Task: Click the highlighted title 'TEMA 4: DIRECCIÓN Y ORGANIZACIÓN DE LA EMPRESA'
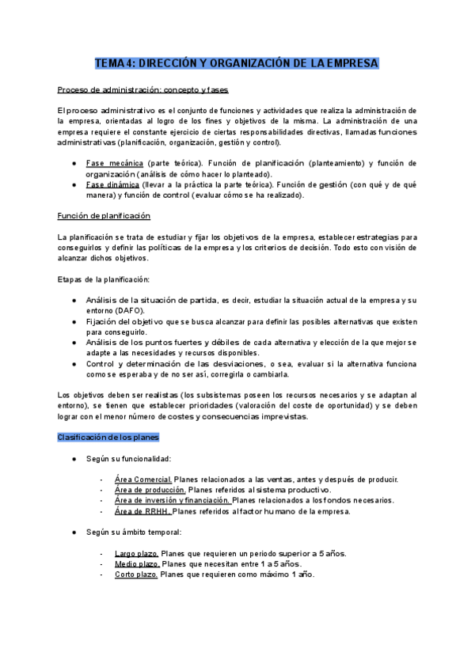click(x=237, y=63)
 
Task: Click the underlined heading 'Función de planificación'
click(x=104, y=216)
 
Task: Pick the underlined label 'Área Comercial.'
click(x=143, y=480)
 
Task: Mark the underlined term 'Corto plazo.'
click(x=136, y=574)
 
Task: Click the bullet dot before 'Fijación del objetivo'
click(x=74, y=322)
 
